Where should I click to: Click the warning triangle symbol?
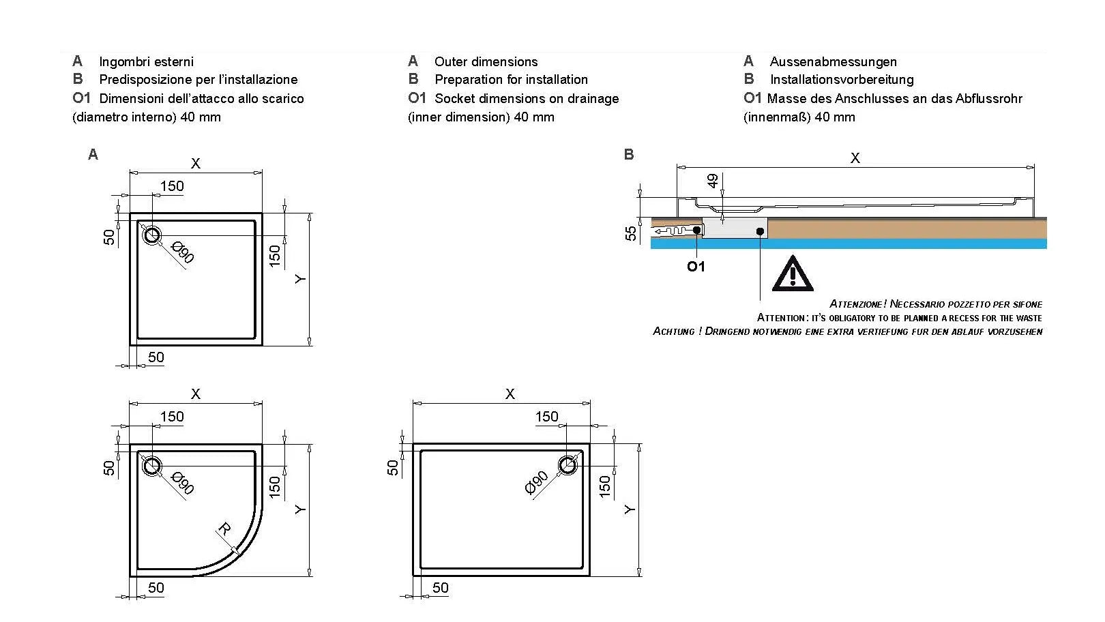[792, 274]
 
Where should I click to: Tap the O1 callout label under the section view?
[696, 267]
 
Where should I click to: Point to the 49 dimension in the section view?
[713, 181]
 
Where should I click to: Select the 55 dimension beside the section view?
[631, 233]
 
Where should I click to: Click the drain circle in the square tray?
[151, 236]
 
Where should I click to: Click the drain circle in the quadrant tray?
[151, 466]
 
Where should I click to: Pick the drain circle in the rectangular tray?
[568, 465]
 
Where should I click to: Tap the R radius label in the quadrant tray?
[224, 529]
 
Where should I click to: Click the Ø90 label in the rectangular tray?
[537, 482]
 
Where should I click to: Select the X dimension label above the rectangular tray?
[510, 394]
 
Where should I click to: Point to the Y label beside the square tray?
[301, 279]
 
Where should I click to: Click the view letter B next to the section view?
[629, 155]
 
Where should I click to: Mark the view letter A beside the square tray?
[93, 155]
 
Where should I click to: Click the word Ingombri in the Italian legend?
[123, 62]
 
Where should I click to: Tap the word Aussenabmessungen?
[833, 62]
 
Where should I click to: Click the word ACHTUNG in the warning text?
[674, 331]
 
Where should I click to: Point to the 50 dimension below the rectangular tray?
[440, 587]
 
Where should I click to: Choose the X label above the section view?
[855, 158]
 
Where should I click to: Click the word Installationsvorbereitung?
[842, 80]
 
